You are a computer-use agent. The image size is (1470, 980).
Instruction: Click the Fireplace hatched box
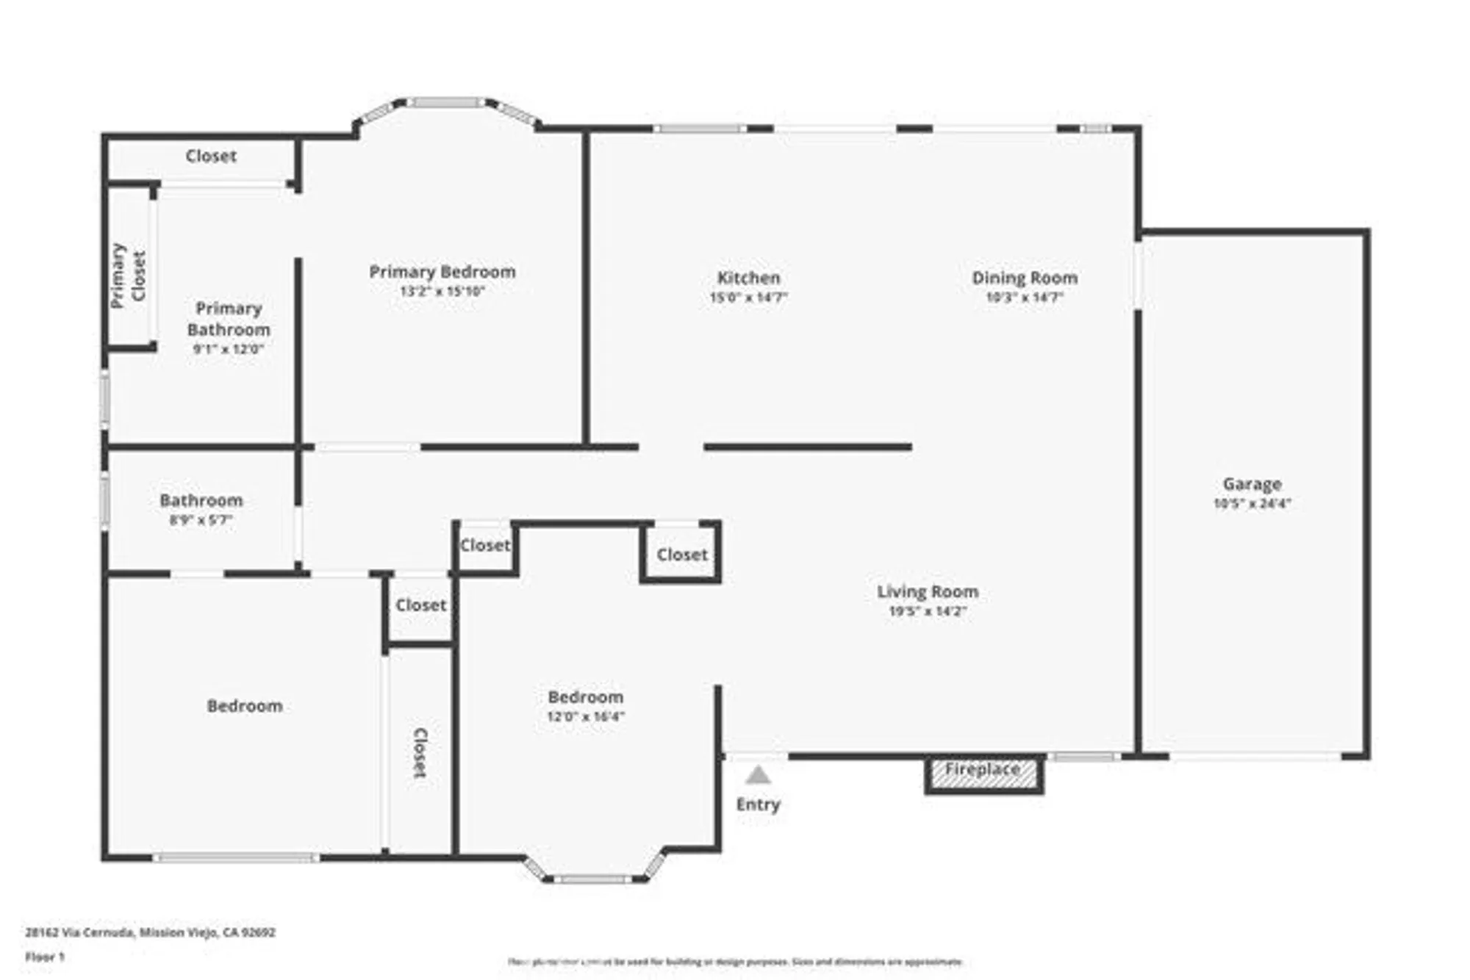coord(983,773)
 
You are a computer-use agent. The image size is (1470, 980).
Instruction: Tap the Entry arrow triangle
coord(758,775)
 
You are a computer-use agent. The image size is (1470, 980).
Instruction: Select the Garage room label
coord(1252,484)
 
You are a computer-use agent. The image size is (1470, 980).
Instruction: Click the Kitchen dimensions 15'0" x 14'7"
coord(748,298)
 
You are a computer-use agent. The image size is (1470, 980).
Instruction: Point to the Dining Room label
coord(1025,278)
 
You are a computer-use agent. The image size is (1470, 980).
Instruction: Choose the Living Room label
coord(928,591)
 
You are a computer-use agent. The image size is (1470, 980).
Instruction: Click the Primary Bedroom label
coord(442,272)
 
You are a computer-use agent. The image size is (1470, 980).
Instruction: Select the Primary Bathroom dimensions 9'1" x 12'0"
coord(228,349)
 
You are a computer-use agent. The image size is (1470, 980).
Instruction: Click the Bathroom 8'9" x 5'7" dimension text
coord(201,520)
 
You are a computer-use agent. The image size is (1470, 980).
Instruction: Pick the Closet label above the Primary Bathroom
coord(211,156)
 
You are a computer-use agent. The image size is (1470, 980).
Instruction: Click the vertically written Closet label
coord(420,752)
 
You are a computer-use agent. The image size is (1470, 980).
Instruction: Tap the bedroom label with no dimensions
coord(244,706)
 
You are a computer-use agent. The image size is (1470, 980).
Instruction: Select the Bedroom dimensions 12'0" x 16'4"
coord(585,716)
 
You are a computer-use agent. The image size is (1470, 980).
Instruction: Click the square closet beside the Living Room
coord(681,555)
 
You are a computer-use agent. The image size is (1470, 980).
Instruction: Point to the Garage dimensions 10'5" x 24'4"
coord(1252,503)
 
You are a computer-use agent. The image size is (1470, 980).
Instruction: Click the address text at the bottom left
coord(150,932)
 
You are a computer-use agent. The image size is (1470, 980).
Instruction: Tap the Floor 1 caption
coord(45,956)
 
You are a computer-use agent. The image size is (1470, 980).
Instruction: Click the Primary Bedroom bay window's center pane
coord(446,103)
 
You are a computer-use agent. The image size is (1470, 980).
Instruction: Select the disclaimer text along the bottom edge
coord(735,962)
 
